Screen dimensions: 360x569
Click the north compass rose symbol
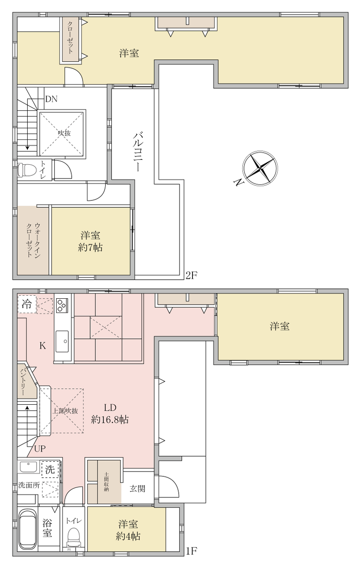coord(260,168)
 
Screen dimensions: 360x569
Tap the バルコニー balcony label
coord(138,151)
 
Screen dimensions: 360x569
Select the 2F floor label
coord(192,275)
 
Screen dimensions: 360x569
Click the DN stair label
coord(51,99)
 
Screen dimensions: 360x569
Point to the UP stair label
coord(40,449)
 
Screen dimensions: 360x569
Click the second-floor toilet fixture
coord(26,170)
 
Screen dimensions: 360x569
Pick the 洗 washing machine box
coord(50,469)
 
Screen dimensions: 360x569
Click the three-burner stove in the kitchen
coord(62,305)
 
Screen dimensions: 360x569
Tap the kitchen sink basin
coord(62,341)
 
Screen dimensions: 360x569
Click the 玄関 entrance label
coord(137,488)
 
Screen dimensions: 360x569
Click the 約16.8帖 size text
coord(110,420)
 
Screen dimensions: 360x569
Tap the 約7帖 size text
coord(90,247)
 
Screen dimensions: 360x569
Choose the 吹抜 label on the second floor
coord(64,133)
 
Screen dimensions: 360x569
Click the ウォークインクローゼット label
coord(33,240)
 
